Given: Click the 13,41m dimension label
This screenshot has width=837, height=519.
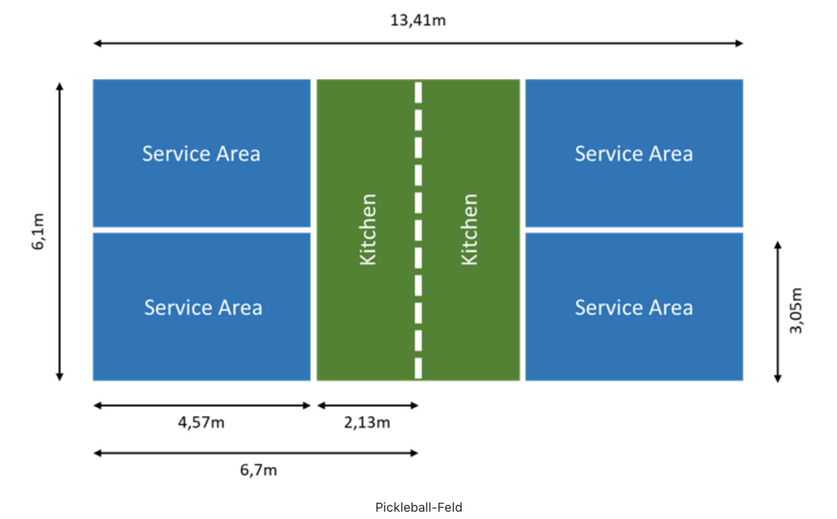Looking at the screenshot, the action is (x=418, y=21).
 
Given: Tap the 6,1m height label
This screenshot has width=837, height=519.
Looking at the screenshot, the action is (x=38, y=231).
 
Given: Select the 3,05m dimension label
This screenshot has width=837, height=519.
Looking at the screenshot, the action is (x=795, y=310).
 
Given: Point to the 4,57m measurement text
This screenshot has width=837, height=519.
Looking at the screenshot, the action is (x=201, y=422).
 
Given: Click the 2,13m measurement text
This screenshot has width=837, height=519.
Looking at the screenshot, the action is (x=367, y=422).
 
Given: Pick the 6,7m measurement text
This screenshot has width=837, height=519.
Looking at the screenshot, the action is (x=258, y=470).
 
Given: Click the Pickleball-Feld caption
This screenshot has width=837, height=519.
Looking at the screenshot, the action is (x=418, y=507).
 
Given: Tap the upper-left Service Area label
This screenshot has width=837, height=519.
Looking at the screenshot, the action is (x=201, y=154).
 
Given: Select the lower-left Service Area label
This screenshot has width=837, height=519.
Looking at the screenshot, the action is (x=203, y=308).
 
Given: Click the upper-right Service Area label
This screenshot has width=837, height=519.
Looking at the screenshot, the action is (x=633, y=154).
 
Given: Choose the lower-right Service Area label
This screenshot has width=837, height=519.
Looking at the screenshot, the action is (x=633, y=308).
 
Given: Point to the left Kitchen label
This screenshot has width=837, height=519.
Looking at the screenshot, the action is (x=368, y=230).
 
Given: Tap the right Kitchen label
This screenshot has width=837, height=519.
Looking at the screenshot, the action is (x=469, y=230).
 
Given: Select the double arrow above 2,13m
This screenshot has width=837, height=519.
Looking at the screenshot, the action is (x=368, y=405).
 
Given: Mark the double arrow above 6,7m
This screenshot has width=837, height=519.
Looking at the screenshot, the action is (x=256, y=453).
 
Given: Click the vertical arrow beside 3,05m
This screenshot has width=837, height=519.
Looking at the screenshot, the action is (x=778, y=311).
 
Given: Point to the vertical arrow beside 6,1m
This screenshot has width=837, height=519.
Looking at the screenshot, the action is (x=60, y=231).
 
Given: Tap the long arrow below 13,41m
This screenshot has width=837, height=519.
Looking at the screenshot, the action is (x=418, y=43).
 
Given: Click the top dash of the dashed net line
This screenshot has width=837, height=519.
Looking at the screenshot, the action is (x=418, y=92).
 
